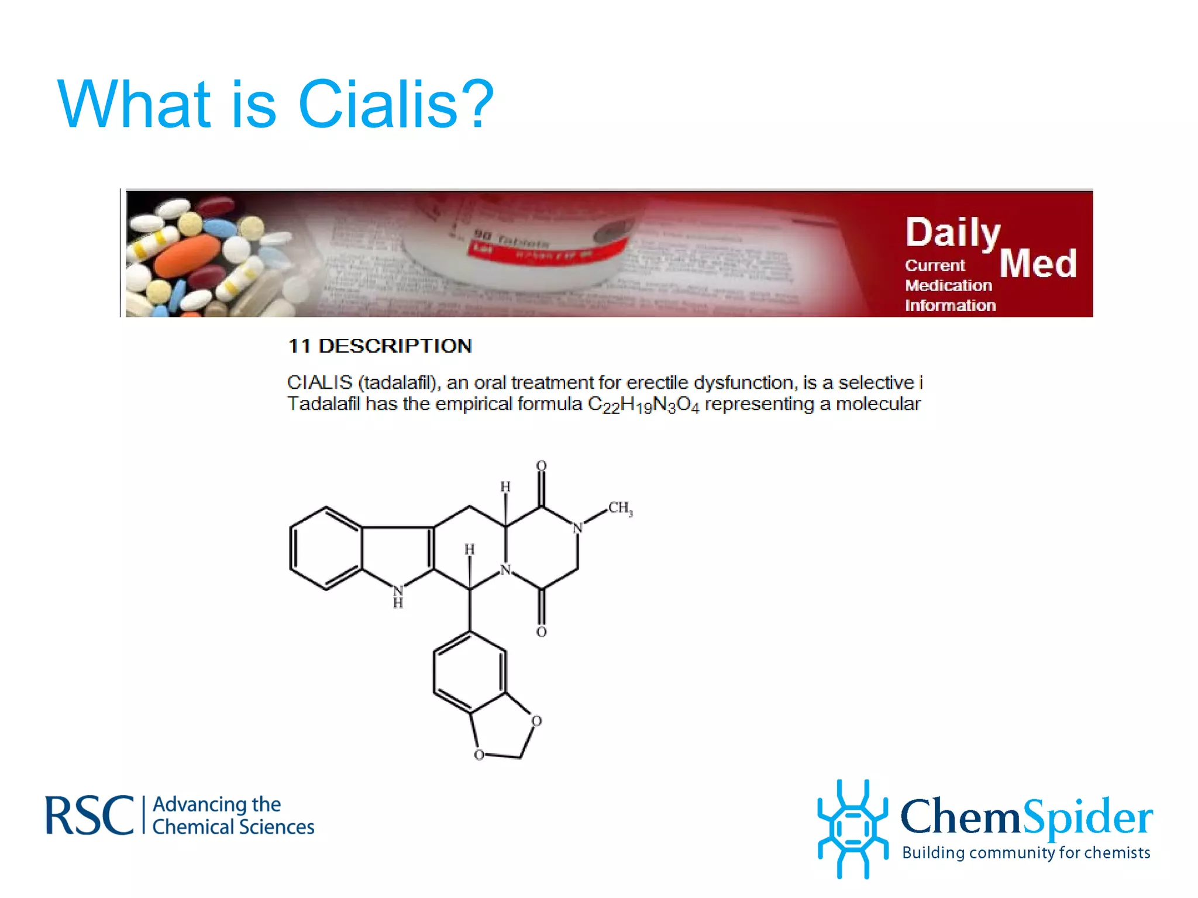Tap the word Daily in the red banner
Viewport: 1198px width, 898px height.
click(x=952, y=233)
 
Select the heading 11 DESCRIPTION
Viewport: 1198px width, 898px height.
click(x=380, y=346)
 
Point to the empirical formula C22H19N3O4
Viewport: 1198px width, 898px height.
click(x=643, y=405)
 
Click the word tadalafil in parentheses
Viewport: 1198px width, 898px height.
click(x=397, y=382)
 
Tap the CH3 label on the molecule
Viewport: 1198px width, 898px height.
click(x=619, y=508)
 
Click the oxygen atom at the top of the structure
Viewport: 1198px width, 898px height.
click(x=541, y=466)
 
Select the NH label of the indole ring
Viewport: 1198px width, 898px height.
click(x=398, y=596)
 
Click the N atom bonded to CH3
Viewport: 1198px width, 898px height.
click(x=577, y=528)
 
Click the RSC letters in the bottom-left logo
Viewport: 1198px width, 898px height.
click(x=89, y=815)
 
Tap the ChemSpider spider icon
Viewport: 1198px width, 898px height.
click(x=853, y=828)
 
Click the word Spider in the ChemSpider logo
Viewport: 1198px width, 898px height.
click(x=1088, y=817)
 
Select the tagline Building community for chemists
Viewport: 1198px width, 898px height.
click(x=1026, y=853)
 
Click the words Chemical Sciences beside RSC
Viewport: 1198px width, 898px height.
click(x=233, y=827)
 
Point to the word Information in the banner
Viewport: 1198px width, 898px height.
click(x=950, y=305)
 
